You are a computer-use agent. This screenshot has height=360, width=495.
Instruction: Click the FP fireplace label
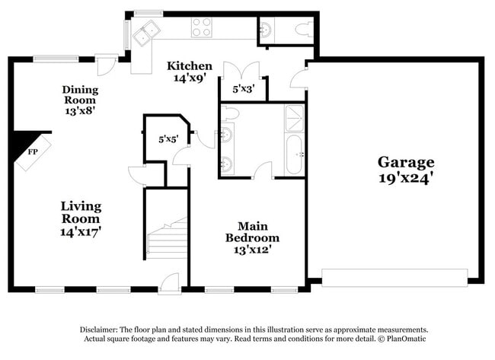click(33, 151)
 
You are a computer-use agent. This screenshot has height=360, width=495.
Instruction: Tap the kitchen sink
click(145, 32)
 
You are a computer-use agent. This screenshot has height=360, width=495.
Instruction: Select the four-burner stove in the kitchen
click(201, 27)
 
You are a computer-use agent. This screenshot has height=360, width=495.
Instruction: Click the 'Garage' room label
click(406, 162)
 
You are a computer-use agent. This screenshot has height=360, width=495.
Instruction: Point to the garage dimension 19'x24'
click(406, 180)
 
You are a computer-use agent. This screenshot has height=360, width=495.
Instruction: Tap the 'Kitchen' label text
click(190, 65)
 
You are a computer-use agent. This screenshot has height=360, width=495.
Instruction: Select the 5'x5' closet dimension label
click(168, 139)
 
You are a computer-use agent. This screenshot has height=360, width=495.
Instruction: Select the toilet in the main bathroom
click(232, 113)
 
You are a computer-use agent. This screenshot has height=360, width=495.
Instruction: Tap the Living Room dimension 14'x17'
click(81, 230)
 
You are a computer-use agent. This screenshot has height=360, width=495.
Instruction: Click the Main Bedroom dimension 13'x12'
click(248, 249)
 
